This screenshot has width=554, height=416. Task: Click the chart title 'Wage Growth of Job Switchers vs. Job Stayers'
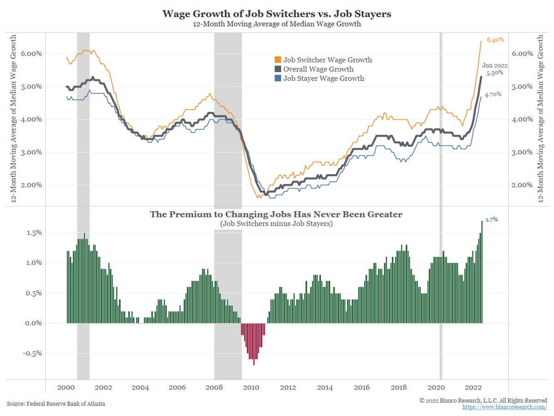pos(277,14)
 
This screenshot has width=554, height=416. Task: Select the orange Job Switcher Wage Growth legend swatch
pos(277,60)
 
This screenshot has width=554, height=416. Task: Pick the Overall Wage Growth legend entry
pos(318,69)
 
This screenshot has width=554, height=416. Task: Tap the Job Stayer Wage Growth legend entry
pos(323,79)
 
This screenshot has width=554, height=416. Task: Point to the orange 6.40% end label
pos(495,40)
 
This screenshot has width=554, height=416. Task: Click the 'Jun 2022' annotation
pos(495,66)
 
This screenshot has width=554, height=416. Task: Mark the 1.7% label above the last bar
pos(491,220)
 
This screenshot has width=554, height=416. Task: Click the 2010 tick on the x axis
pos(251,388)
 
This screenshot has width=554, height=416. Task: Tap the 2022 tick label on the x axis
pos(472,388)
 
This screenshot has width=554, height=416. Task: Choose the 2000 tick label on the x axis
pos(66,388)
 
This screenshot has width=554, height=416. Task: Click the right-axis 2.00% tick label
pos(523,185)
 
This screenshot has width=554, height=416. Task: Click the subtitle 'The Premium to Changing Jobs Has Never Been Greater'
pos(276,214)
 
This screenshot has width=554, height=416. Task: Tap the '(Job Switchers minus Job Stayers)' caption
pos(276,224)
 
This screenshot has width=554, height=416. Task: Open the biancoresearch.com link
pos(505,407)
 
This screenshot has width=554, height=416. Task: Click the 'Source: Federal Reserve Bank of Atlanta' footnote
pos(56,404)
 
